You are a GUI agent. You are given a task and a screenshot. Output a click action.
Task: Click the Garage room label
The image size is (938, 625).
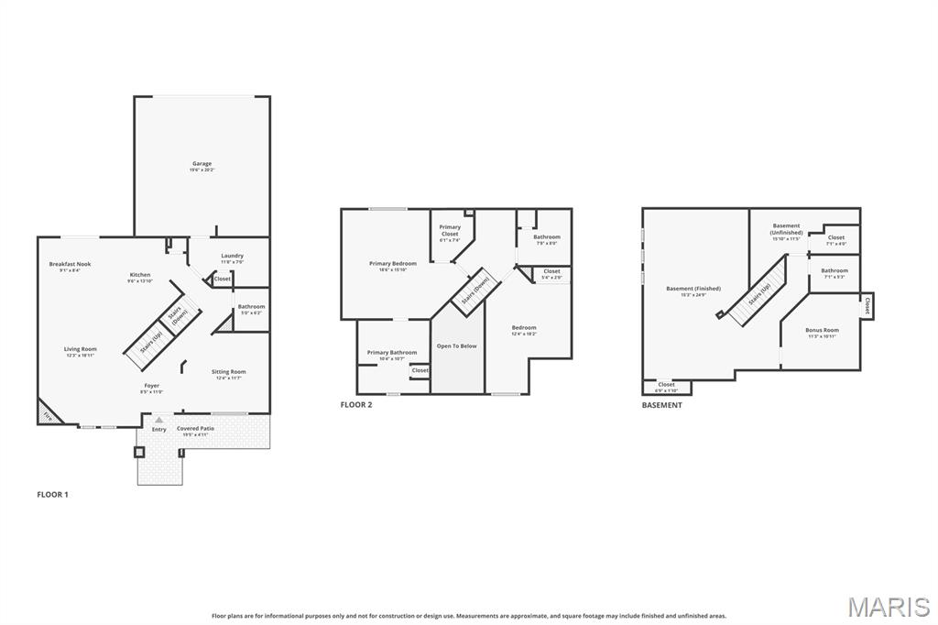202,164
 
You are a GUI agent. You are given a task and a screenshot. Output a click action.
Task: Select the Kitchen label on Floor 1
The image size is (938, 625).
139,275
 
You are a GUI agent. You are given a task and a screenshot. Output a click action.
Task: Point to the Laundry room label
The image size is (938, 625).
232,256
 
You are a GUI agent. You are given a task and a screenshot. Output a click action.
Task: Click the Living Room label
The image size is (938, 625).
81,349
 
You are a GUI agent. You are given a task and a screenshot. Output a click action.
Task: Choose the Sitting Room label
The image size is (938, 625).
228,372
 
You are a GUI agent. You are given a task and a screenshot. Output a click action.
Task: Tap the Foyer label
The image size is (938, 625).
151,386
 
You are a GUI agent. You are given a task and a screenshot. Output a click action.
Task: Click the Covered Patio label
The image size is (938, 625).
194,429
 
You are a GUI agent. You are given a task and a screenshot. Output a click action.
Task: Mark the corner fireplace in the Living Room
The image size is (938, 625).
46,414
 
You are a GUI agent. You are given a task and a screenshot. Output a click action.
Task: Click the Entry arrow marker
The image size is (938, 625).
158,420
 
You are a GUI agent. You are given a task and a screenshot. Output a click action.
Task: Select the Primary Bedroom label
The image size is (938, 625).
393,264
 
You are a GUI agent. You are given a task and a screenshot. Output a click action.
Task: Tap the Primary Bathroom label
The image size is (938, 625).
391,353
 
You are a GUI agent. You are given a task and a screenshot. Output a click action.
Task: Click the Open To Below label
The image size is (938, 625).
456,346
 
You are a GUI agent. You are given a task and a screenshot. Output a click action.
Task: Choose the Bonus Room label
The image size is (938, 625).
822,330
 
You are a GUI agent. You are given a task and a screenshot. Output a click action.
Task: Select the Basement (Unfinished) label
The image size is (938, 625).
786,229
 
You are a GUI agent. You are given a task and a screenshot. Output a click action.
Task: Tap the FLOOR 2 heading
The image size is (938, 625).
356,404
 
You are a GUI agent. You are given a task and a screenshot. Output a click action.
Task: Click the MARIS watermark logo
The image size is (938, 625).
889,607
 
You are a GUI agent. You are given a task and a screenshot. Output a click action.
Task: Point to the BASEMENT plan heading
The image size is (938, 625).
661,404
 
